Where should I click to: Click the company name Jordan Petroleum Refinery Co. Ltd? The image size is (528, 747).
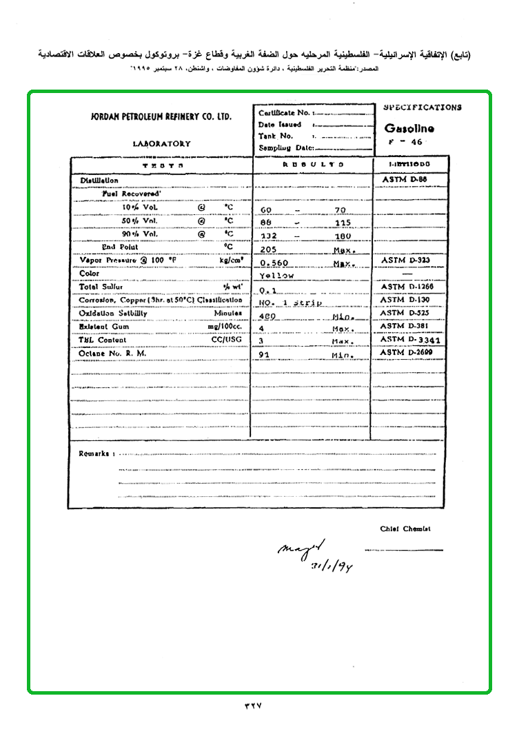(161, 116)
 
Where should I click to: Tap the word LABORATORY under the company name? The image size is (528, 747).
(162, 144)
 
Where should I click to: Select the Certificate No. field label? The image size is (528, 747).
(284, 112)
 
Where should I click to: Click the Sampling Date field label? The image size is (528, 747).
(286, 147)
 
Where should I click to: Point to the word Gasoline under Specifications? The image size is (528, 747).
(409, 128)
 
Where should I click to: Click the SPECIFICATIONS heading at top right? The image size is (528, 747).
(423, 108)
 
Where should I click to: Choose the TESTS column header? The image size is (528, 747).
(162, 165)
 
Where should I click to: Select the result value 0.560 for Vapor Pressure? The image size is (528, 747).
(274, 263)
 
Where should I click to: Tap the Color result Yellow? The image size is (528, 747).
(276, 276)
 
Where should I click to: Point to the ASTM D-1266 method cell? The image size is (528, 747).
(407, 287)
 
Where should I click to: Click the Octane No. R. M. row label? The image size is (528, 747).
(113, 354)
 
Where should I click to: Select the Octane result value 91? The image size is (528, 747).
(263, 356)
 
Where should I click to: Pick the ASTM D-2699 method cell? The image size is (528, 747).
(407, 353)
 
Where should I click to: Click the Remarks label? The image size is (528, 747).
(94, 453)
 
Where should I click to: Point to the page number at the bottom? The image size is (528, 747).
(254, 705)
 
